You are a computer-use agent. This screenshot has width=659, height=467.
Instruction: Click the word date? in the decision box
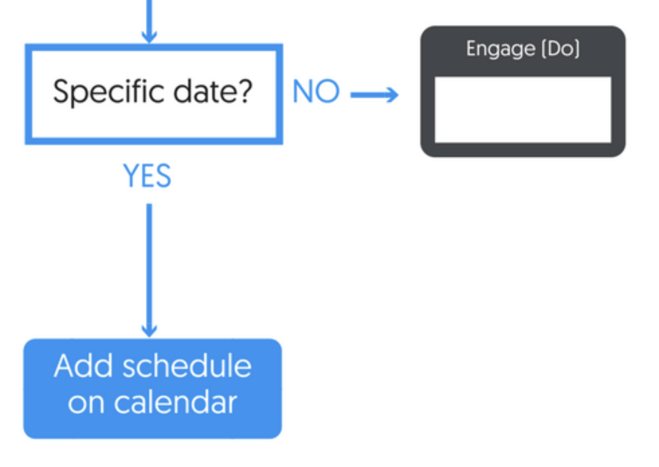[213, 91]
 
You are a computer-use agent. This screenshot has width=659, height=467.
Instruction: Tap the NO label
[316, 91]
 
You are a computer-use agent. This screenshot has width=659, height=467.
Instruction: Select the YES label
[147, 175]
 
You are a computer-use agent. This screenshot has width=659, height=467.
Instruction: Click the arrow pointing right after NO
[374, 95]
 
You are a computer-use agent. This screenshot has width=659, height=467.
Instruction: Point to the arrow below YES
[149, 270]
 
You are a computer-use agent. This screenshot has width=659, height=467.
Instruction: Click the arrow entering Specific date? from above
[149, 21]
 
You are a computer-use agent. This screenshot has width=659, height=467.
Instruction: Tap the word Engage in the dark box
[501, 49]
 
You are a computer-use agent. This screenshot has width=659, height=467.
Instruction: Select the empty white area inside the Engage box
[523, 110]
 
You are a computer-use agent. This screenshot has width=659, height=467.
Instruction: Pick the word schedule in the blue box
[187, 366]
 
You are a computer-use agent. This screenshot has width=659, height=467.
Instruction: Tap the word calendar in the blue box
[176, 402]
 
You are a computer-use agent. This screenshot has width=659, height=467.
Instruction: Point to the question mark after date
[245, 91]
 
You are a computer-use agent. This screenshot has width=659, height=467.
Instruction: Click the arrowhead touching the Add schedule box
[149, 330]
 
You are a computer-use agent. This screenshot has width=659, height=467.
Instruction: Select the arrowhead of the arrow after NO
[391, 95]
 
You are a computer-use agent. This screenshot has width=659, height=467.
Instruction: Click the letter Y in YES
[130, 175]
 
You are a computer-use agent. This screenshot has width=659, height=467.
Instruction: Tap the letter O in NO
[327, 91]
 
